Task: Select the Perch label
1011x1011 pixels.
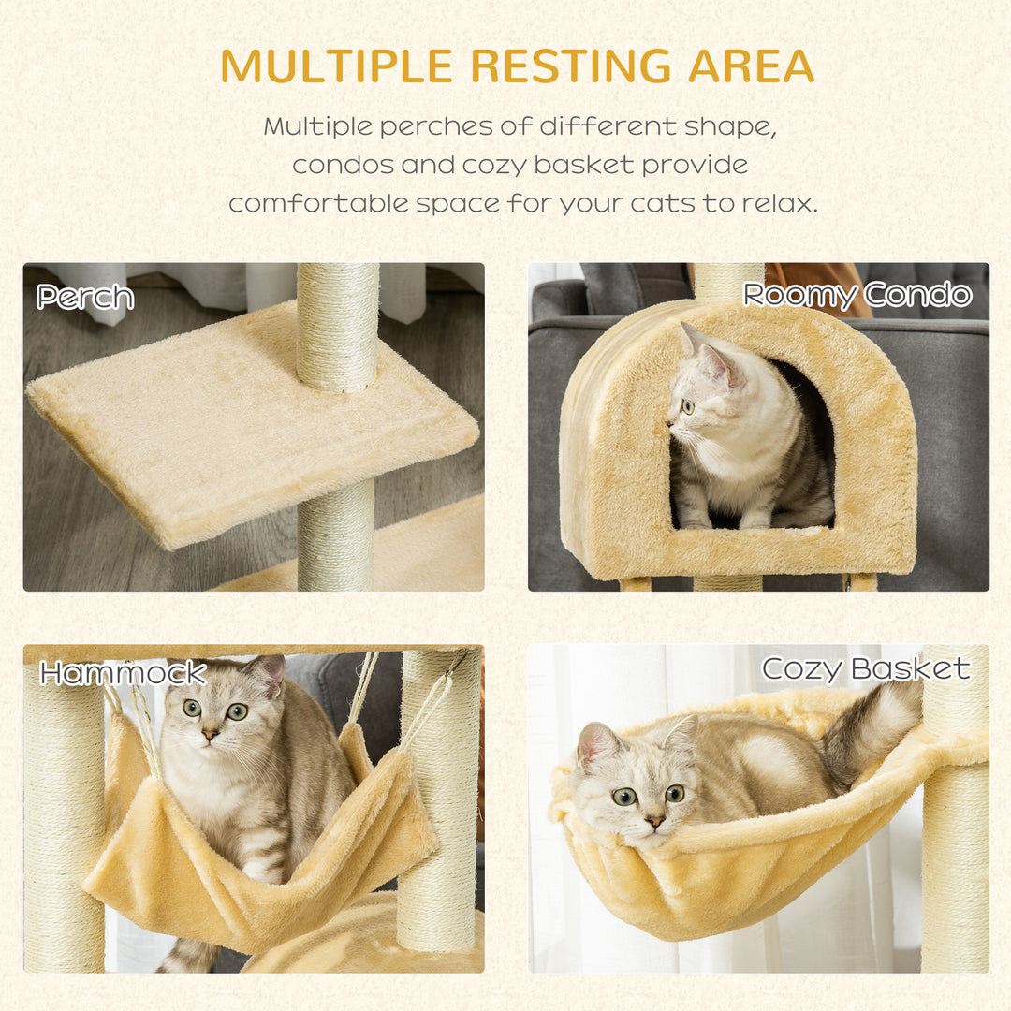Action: (x=85, y=298)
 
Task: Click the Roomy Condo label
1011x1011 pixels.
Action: (x=857, y=296)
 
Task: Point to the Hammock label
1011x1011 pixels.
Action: (x=123, y=673)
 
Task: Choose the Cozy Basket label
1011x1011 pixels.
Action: (x=865, y=668)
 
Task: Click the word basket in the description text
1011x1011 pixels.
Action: (x=584, y=165)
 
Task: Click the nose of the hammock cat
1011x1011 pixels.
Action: (x=212, y=735)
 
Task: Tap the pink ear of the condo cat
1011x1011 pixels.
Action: (x=717, y=365)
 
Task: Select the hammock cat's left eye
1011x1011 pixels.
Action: (x=192, y=709)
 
